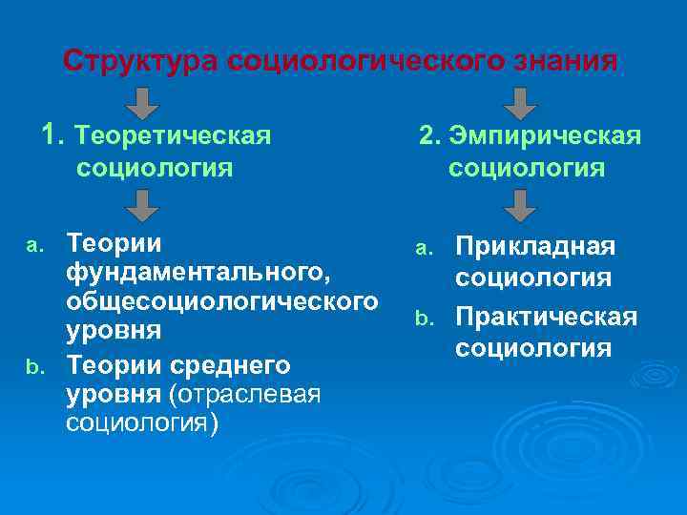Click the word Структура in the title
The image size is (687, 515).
pyautogui.click(x=142, y=61)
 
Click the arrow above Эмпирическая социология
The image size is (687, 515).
pyautogui.click(x=520, y=102)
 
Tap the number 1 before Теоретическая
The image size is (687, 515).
pyautogui.click(x=51, y=135)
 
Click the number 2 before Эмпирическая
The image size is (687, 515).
pyautogui.click(x=427, y=136)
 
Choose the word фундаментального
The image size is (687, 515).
pyautogui.click(x=198, y=275)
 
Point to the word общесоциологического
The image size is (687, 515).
pyautogui.click(x=218, y=303)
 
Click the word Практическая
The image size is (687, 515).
pyautogui.click(x=545, y=317)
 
